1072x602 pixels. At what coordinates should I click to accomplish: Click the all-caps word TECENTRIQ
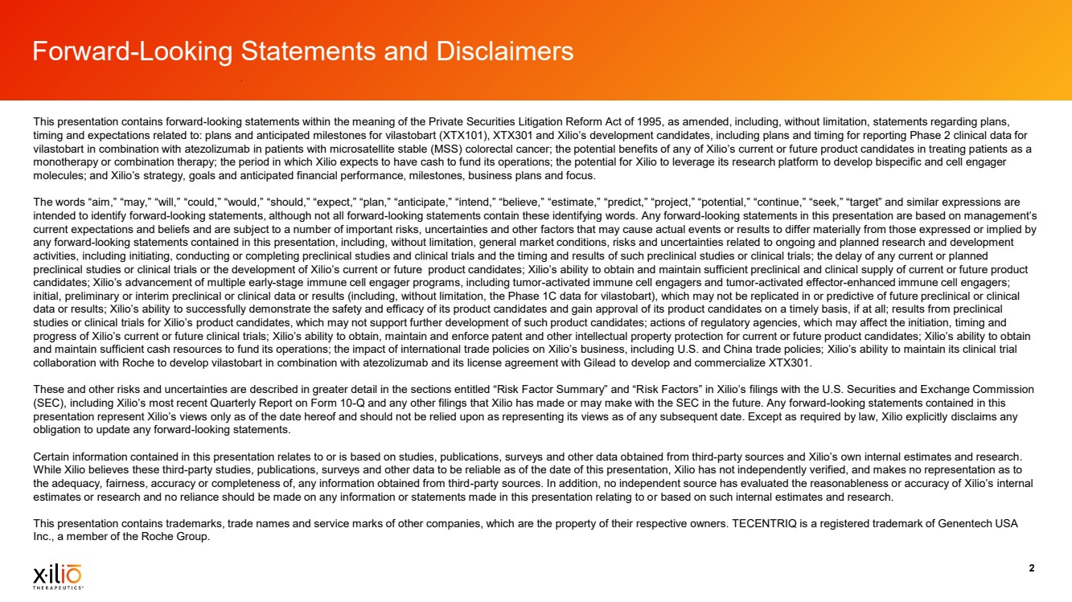770,524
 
